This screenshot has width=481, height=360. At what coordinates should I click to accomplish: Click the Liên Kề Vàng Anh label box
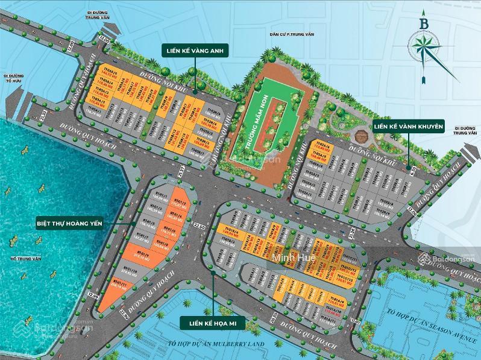(192, 52)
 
